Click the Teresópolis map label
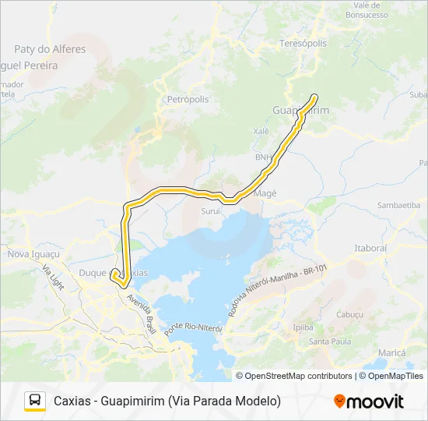(303, 44)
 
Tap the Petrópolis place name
(188, 100)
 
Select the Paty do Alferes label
(50, 49)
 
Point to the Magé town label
(265, 193)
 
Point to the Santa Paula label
(330, 341)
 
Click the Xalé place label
(261, 132)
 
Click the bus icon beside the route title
(35, 401)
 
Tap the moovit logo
(369, 402)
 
